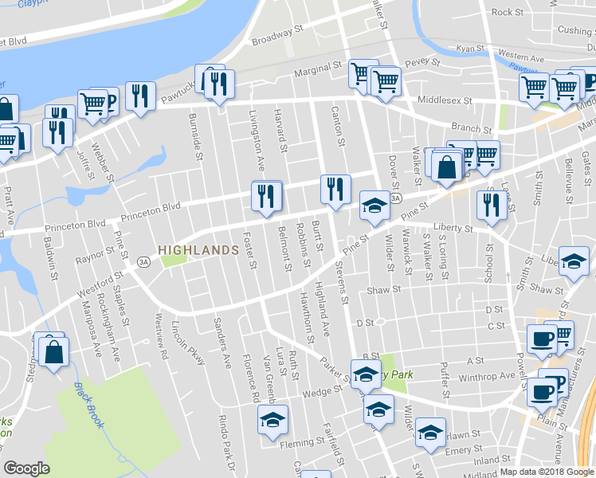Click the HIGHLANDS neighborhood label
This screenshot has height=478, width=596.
tap(198, 250)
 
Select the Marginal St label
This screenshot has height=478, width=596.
tap(317, 71)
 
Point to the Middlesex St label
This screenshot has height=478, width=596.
tap(445, 102)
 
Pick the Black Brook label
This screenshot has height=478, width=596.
tap(89, 405)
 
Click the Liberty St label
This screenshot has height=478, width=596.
tap(453, 228)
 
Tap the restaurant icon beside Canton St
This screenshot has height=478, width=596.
tap(335, 190)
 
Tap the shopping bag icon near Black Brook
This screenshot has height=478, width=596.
tap(53, 351)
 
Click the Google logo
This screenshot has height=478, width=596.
tap(26, 468)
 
